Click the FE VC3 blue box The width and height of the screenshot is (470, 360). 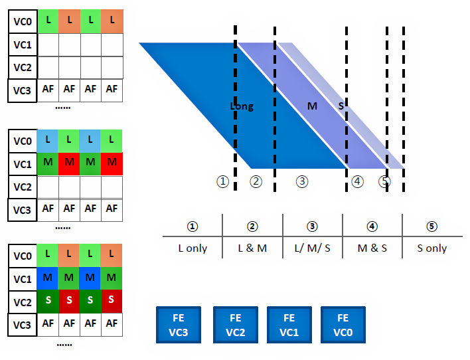pyautogui.click(x=178, y=324)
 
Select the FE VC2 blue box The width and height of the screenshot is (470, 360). pyautogui.click(x=235, y=324)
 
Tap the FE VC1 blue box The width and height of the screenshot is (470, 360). pyautogui.click(x=289, y=324)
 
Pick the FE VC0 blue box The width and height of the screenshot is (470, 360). pyautogui.click(x=343, y=324)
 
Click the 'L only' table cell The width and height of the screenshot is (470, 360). pyautogui.click(x=193, y=248)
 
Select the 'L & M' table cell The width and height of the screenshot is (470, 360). pyautogui.click(x=252, y=248)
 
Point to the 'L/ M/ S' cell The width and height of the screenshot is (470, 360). pyautogui.click(x=312, y=248)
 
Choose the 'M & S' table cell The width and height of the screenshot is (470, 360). pyautogui.click(x=372, y=248)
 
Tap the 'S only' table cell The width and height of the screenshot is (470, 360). pyautogui.click(x=432, y=248)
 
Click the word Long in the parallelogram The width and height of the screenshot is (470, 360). pyautogui.click(x=242, y=106)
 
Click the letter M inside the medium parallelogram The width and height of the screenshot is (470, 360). pyautogui.click(x=312, y=106)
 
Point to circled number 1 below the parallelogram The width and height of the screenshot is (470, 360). pyautogui.click(x=223, y=181)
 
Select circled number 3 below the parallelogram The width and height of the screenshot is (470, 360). pyautogui.click(x=302, y=181)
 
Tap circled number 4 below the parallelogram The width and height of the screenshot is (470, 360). pyautogui.click(x=358, y=181)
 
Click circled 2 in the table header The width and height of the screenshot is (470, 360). pyautogui.click(x=252, y=226)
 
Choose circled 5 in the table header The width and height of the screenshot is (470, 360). pyautogui.click(x=432, y=226)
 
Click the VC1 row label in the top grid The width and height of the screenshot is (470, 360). pyautogui.click(x=23, y=45)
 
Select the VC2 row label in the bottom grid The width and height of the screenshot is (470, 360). pyautogui.click(x=23, y=300)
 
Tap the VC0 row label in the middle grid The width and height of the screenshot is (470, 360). pyautogui.click(x=23, y=141)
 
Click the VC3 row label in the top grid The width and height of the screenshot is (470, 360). pyautogui.click(x=23, y=89)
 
